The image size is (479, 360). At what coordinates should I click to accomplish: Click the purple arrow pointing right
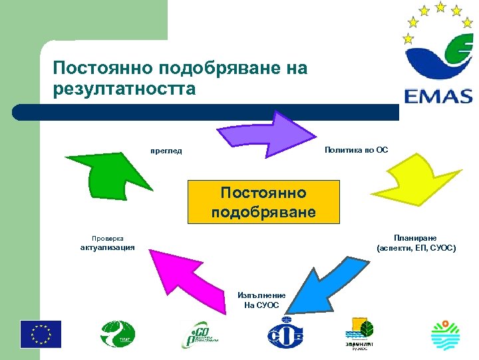pyautogui.click(x=267, y=132)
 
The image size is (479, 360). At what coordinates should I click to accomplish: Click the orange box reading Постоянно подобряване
pyautogui.click(x=263, y=202)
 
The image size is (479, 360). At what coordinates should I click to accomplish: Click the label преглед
pyautogui.click(x=166, y=151)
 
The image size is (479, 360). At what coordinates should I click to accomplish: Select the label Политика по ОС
pyautogui.click(x=356, y=150)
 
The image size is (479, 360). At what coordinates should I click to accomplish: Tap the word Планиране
pyautogui.click(x=415, y=237)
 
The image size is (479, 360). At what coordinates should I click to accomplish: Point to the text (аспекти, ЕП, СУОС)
pyautogui.click(x=416, y=248)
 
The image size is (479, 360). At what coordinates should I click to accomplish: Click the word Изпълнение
pyautogui.click(x=261, y=295)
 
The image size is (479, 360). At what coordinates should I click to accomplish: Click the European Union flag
pyautogui.click(x=41, y=334)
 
